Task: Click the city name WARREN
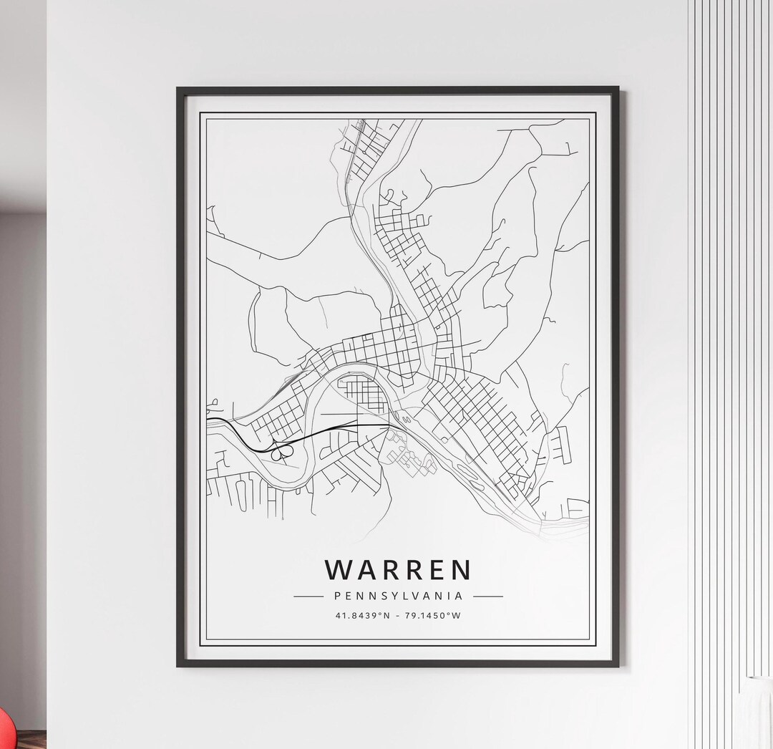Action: [x=398, y=570]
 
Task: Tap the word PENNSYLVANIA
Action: [x=398, y=596]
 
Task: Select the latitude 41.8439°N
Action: [x=361, y=616]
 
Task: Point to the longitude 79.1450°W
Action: [x=432, y=616]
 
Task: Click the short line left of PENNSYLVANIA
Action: [x=308, y=596]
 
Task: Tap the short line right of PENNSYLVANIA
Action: [x=487, y=596]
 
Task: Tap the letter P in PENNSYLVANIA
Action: [x=336, y=596]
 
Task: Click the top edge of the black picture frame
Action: [x=398, y=90]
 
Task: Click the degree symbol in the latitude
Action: [x=377, y=614]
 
